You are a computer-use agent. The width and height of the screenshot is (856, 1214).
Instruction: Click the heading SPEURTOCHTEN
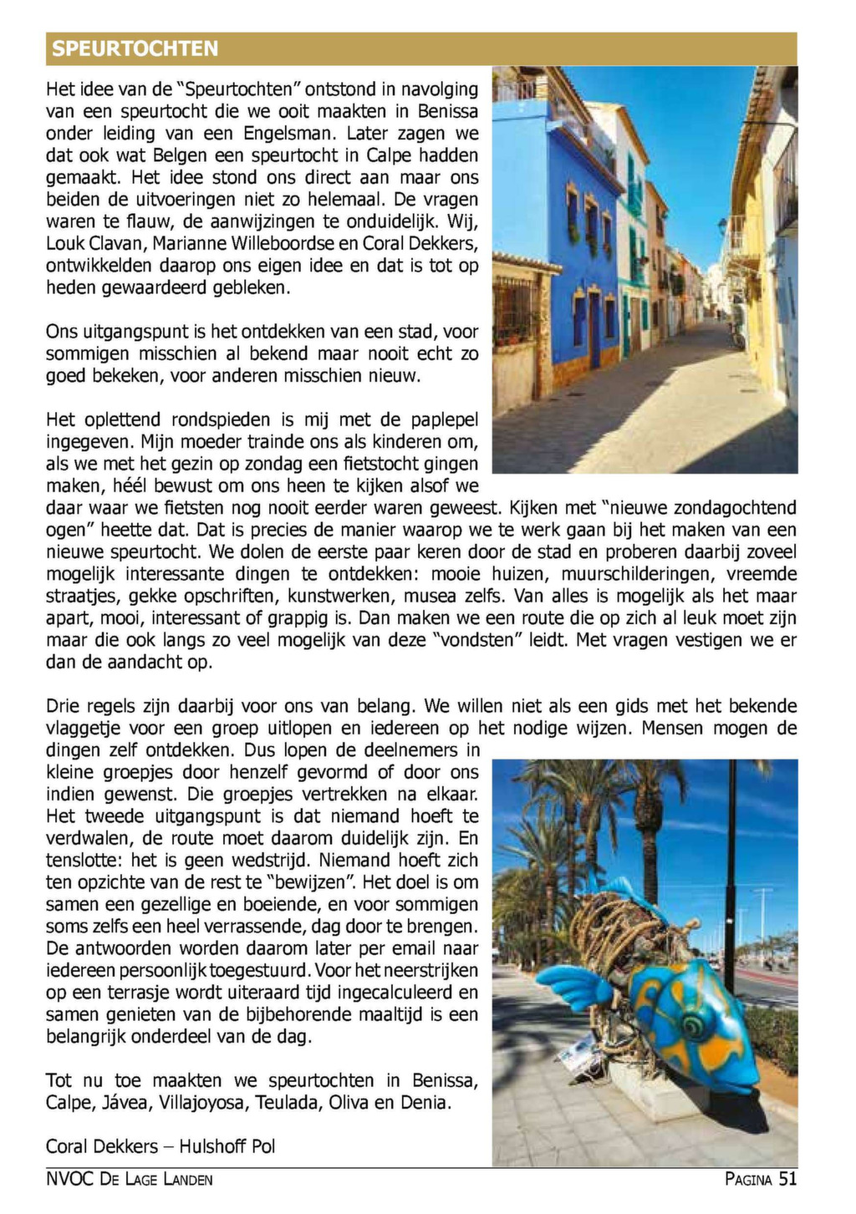pos(135,48)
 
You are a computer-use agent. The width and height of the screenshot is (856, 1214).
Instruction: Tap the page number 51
pos(787,1179)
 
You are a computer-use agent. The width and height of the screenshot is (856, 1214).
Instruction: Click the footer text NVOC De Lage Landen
pos(130,1180)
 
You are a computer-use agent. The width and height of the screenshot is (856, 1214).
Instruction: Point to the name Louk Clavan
pos(92,244)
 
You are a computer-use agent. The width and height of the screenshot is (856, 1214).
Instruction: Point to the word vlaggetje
pos(85,729)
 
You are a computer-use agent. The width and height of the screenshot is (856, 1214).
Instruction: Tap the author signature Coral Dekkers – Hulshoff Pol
pos(160,1146)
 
